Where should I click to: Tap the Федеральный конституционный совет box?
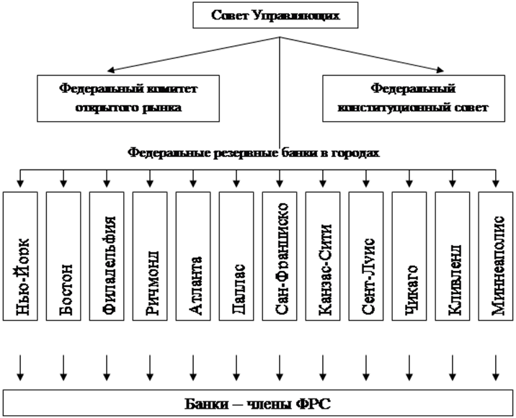point(414,99)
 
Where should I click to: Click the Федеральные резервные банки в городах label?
point(254,153)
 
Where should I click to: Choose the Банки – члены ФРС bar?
point(257,402)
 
